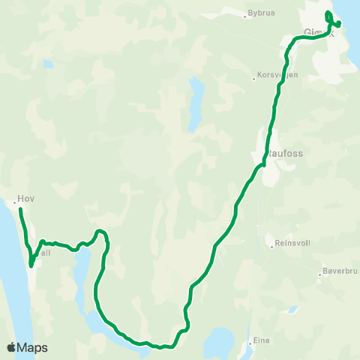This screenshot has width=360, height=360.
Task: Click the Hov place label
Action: click(x=27, y=199)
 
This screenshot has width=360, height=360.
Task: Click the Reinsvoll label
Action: click(x=292, y=243)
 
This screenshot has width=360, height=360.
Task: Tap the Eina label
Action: click(x=261, y=340)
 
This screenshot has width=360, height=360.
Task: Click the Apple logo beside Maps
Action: click(x=10, y=348)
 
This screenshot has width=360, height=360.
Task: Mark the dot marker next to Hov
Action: click(x=15, y=201)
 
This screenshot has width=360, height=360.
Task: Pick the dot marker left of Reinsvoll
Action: click(x=272, y=244)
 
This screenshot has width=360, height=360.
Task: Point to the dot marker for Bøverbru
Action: click(x=320, y=276)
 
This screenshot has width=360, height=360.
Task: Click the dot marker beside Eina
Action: click(x=250, y=341)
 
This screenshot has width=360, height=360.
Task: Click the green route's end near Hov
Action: click(x=20, y=209)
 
